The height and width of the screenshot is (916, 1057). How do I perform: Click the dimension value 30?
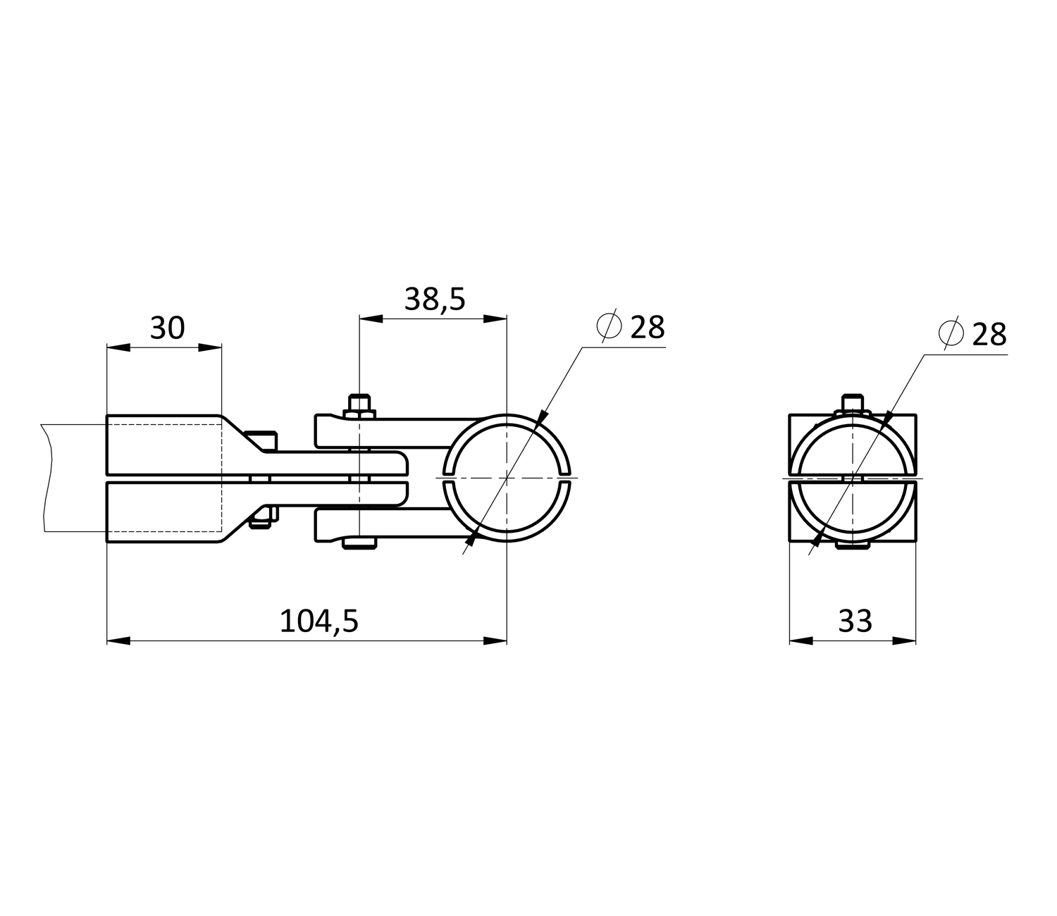(x=167, y=328)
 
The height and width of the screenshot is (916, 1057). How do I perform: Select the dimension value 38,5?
(x=435, y=299)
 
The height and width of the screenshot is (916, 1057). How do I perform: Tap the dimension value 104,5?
(x=319, y=622)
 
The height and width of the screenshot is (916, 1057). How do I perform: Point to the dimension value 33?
(x=855, y=621)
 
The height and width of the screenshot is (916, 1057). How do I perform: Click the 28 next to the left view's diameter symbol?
(x=648, y=328)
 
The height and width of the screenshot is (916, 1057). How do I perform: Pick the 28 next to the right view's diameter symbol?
(x=989, y=335)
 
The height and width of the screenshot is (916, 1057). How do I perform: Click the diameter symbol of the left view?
(x=609, y=326)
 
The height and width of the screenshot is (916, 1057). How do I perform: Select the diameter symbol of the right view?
(x=951, y=333)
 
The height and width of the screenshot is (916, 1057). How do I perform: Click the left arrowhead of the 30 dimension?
(x=118, y=348)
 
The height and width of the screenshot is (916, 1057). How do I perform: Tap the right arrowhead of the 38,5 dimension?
(x=495, y=319)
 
